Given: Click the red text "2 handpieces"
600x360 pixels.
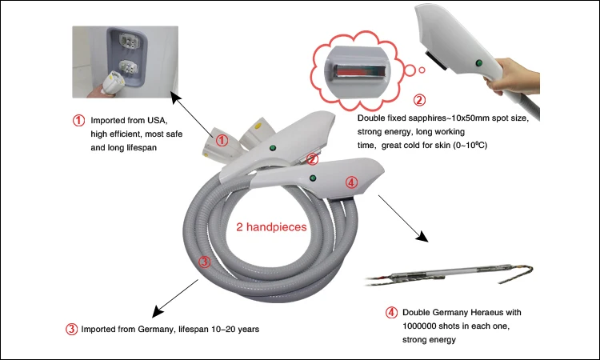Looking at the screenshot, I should click(x=272, y=227).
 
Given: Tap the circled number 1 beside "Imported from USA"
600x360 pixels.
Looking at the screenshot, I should click(x=78, y=121).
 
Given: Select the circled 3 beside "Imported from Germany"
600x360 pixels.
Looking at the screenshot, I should click(x=72, y=329).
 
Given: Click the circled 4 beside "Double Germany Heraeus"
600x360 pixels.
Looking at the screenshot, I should click(x=390, y=312).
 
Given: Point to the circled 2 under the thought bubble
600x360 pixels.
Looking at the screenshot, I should click(x=418, y=101).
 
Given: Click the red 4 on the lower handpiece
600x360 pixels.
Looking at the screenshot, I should click(x=350, y=182).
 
